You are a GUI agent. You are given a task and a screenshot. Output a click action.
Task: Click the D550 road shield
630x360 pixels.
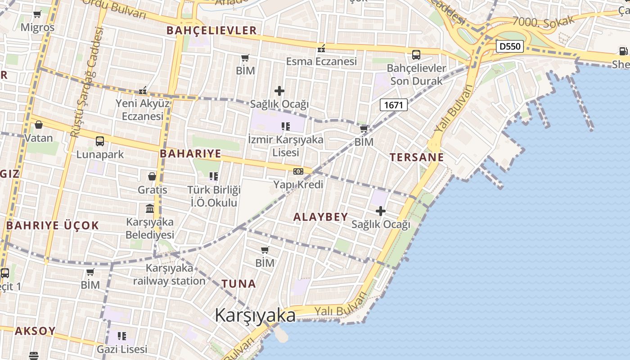click(x=510, y=46)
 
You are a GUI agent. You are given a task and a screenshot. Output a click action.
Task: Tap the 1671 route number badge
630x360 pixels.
click(x=394, y=105)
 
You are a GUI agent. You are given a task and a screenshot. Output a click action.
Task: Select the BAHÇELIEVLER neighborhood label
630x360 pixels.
click(x=211, y=31)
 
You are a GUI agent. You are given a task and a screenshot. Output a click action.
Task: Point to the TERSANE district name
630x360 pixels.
click(x=417, y=157)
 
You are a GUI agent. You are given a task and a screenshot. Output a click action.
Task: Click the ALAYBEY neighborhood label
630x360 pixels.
click(x=321, y=217)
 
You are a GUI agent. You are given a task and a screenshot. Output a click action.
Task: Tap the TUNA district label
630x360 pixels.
click(x=239, y=283)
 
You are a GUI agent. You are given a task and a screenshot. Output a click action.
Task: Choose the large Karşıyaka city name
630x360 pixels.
click(x=255, y=315)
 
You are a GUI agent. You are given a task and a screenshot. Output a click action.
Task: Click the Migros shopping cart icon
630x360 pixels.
click(x=37, y=14)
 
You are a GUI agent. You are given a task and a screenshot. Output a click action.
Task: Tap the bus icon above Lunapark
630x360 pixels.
click(x=100, y=141)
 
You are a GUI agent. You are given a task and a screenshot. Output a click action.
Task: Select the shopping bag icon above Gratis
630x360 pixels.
click(x=152, y=176)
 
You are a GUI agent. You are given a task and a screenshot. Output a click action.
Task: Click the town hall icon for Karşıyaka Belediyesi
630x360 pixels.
click(x=150, y=209)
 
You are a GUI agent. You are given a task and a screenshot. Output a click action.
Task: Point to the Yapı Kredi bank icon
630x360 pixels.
click(x=298, y=171)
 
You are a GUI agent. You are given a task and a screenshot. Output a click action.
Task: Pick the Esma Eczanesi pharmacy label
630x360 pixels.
click(x=321, y=61)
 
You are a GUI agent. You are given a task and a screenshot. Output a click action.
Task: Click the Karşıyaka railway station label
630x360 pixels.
click(x=169, y=274)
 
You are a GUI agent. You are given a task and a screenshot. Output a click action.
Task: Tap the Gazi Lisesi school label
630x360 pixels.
click(x=122, y=349)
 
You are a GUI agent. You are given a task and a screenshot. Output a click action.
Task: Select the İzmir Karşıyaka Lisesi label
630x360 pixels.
click(x=286, y=146)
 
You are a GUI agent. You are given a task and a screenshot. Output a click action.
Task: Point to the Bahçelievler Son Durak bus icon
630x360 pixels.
click(x=416, y=55)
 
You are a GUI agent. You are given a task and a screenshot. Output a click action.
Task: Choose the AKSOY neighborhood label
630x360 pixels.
click(x=36, y=331)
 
